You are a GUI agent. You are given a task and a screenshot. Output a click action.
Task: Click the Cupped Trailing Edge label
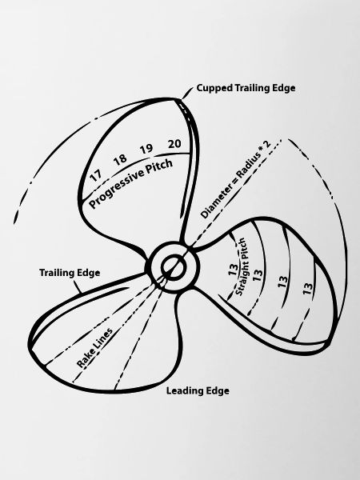click(246, 88)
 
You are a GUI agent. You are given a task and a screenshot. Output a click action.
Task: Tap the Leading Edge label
click(198, 390)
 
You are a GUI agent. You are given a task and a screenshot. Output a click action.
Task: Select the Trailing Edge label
click(70, 273)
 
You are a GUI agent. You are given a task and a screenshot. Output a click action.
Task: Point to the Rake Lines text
click(94, 348)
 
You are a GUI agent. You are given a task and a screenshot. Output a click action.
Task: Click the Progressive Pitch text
click(131, 183)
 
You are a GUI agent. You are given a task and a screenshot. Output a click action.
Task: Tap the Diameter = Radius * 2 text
click(236, 179)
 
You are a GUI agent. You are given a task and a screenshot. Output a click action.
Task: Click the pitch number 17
click(96, 175)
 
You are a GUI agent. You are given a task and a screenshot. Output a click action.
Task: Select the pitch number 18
click(120, 159)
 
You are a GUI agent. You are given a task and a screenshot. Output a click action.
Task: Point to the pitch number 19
click(146, 149)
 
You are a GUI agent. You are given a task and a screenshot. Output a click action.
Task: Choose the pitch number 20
click(174, 143)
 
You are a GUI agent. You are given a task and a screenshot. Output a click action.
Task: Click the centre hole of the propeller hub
click(172, 266)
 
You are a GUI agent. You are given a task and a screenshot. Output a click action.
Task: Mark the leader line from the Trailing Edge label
click(78, 286)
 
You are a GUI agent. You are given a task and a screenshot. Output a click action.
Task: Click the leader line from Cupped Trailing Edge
click(187, 93)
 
